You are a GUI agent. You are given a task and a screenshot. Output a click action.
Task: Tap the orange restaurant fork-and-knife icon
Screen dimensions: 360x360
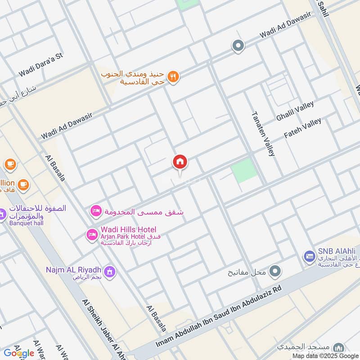(173, 77)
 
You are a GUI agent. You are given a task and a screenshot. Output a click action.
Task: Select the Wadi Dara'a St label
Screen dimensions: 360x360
(41, 65)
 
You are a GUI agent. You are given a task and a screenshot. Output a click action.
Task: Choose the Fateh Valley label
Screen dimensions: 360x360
(302, 128)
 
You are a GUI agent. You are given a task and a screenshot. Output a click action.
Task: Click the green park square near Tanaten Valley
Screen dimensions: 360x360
(244, 171)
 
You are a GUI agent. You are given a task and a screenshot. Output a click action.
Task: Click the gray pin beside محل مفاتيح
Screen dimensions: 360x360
(275, 271)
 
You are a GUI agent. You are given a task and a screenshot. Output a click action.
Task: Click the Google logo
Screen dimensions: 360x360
(19, 353)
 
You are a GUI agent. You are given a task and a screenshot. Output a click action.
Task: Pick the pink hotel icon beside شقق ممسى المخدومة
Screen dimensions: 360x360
(96, 211)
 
